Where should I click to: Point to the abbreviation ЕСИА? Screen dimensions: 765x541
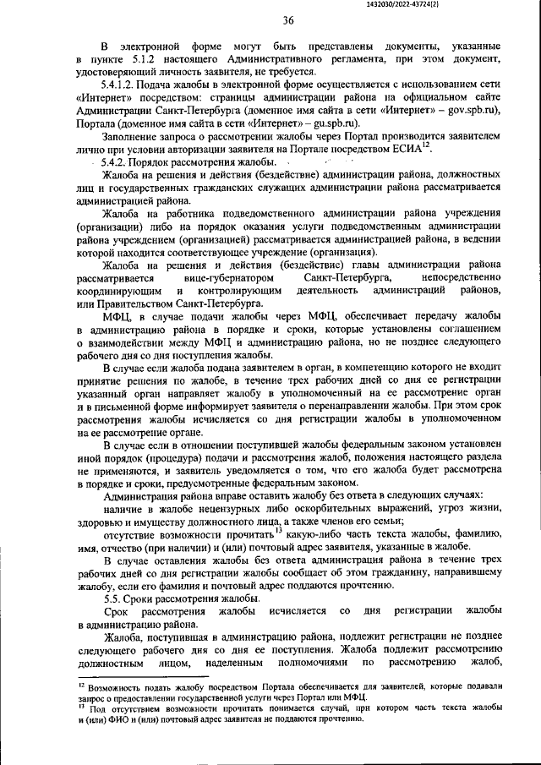coord(413,149)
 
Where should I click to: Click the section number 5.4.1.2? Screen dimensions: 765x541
coord(119,86)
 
